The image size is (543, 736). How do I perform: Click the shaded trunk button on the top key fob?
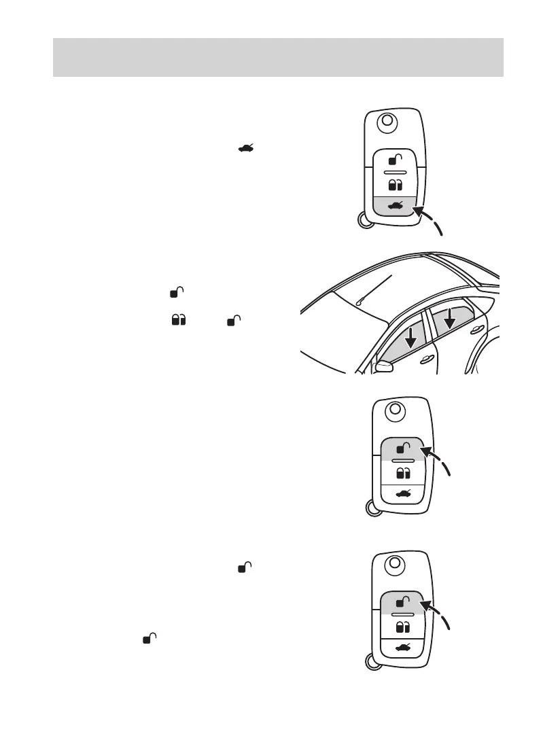tap(394, 206)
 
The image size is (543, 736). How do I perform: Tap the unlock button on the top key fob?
tap(394, 160)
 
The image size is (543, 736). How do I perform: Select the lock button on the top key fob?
tap(394, 185)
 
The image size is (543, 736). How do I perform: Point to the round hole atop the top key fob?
tap(387, 122)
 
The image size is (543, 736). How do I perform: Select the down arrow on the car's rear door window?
tap(449, 318)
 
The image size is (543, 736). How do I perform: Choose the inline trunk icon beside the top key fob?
tap(246, 148)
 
